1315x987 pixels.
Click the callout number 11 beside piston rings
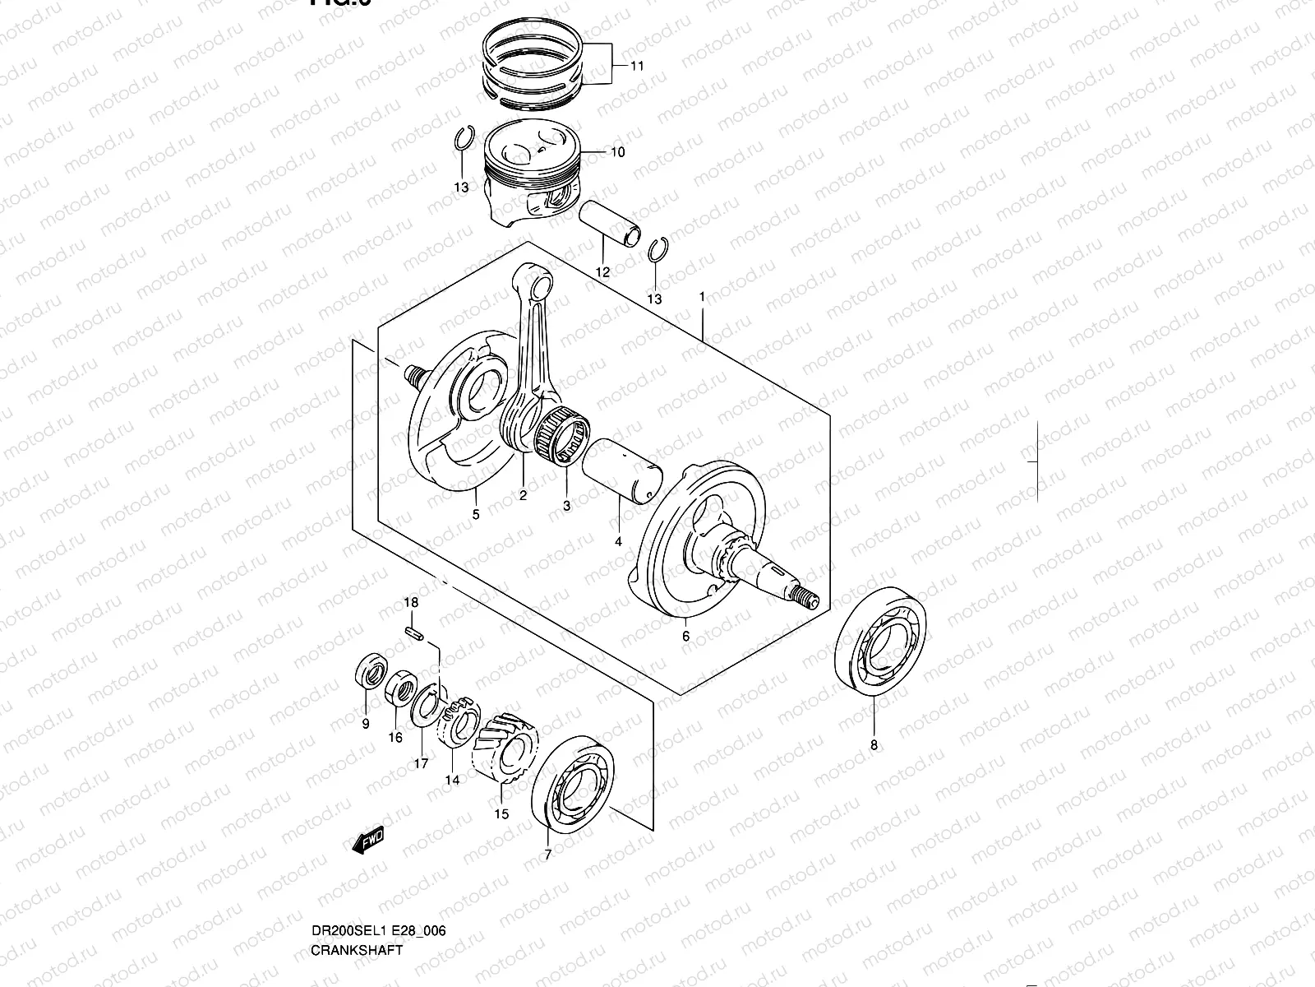pyautogui.click(x=638, y=66)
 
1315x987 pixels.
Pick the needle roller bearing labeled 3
pyautogui.click(x=564, y=433)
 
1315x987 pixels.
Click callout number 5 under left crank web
pyautogui.click(x=475, y=515)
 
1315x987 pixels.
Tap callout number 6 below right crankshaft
pyautogui.click(x=685, y=636)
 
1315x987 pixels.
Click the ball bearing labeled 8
pyautogui.click(x=881, y=638)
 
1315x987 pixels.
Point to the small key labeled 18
pyautogui.click(x=414, y=633)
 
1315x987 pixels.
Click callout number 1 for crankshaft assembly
pyautogui.click(x=702, y=295)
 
